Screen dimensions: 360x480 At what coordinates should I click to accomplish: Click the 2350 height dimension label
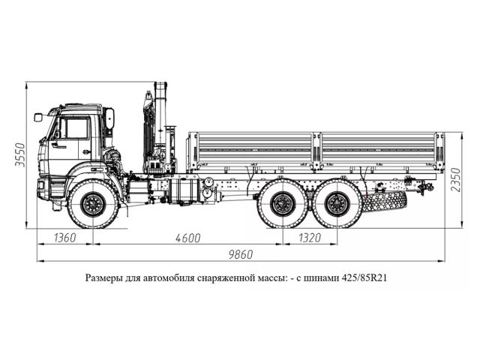pos(457,178)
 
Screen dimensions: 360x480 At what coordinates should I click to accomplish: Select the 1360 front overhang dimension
pos(65,238)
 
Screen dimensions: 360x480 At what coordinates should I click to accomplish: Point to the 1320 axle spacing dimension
pos(308,238)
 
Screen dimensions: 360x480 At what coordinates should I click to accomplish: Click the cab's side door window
pos(75,127)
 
